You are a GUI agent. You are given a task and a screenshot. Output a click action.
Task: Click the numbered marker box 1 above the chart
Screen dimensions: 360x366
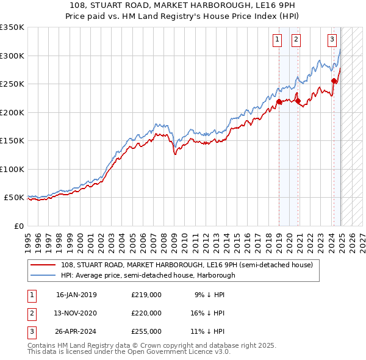278,40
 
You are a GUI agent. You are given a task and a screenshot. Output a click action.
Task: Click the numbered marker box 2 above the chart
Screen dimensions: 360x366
296,40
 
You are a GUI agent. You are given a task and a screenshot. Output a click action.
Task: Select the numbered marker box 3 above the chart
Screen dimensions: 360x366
332,40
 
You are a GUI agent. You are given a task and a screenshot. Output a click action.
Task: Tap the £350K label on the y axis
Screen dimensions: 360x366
12,27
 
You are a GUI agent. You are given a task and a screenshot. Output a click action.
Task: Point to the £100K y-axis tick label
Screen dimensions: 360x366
12,169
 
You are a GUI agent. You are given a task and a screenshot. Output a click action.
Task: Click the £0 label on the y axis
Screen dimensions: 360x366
18,226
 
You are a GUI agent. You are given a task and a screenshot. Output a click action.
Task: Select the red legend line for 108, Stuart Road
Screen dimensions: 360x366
43,265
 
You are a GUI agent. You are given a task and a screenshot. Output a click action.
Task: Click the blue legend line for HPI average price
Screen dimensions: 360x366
43,275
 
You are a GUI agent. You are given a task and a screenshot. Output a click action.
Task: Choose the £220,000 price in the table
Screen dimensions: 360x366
146,313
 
